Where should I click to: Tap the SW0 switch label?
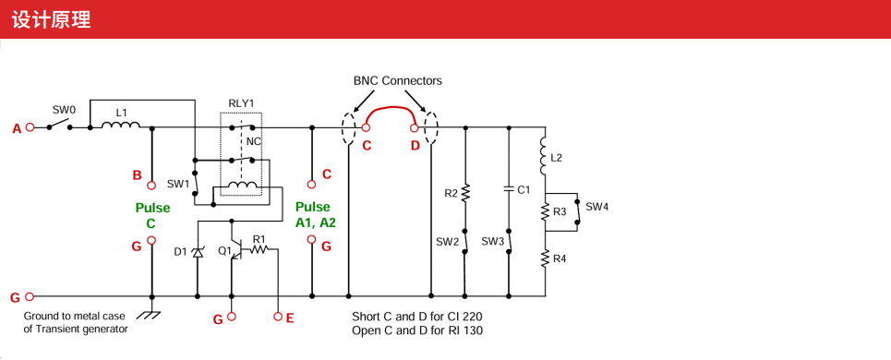pyautogui.click(x=64, y=109)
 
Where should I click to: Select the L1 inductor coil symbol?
pyautogui.click(x=120, y=125)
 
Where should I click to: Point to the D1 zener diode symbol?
pyautogui.click(x=198, y=253)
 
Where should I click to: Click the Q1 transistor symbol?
pyautogui.click(x=235, y=250)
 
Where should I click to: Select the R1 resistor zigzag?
pyautogui.click(x=259, y=248)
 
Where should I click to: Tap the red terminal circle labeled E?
pyautogui.click(x=278, y=317)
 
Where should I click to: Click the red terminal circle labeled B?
pyautogui.click(x=151, y=185)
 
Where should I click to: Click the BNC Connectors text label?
pyautogui.click(x=397, y=80)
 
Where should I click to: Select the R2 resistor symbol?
pyautogui.click(x=465, y=193)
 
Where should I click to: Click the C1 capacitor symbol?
pyautogui.click(x=509, y=189)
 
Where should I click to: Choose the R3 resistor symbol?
pyautogui.click(x=545, y=212)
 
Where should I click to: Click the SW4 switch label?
pyautogui.click(x=597, y=208)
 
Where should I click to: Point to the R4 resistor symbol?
pyautogui.click(x=545, y=259)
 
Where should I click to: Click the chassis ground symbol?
pyautogui.click(x=149, y=313)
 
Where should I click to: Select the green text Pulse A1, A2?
pyautogui.click(x=316, y=215)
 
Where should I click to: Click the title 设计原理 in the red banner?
pyautogui.click(x=51, y=20)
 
